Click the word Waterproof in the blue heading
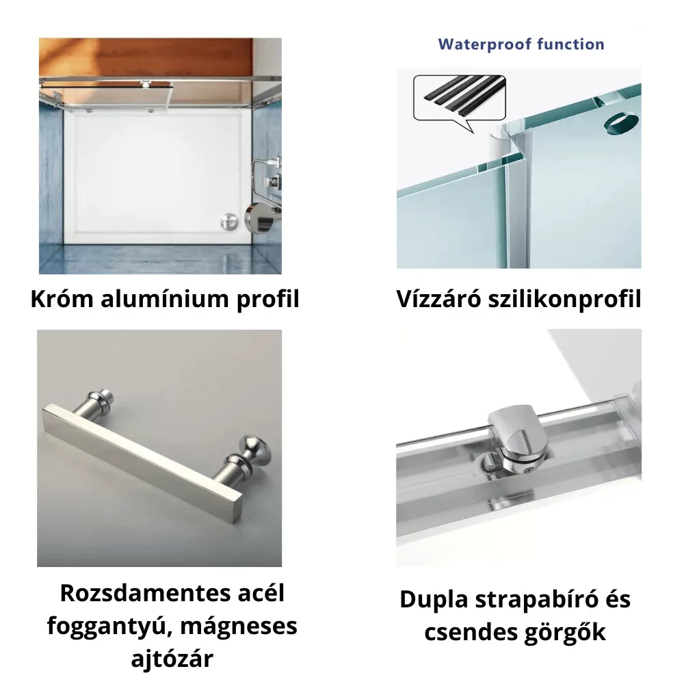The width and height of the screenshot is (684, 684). [484, 44]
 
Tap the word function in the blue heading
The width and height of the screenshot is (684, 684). [570, 44]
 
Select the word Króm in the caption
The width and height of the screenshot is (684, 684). [62, 300]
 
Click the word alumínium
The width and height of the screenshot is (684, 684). [164, 300]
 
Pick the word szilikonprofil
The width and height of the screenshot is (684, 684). [565, 300]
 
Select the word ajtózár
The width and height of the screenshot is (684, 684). [172, 659]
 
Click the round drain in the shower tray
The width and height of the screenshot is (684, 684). [229, 222]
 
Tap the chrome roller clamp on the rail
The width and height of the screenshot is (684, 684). [517, 440]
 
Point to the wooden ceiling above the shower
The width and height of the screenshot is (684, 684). [146, 57]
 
